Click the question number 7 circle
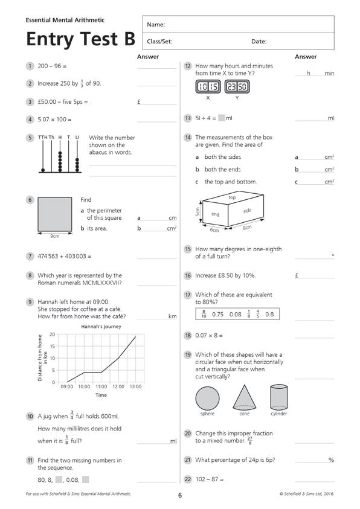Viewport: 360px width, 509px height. point(30,257)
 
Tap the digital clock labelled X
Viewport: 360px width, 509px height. point(208,87)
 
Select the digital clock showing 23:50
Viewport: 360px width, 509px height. point(237,87)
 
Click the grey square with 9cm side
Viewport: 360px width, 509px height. point(55,214)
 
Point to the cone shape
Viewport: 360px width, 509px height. point(245,397)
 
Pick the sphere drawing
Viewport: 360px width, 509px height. point(207,399)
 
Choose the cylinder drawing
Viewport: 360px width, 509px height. point(279,397)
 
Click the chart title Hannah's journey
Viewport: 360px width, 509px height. point(101,327)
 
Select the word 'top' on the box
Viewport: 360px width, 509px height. point(232,197)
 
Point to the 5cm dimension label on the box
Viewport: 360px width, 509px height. point(198,213)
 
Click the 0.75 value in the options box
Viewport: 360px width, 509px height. point(218,314)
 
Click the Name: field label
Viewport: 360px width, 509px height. point(156,24)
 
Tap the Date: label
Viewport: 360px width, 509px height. point(259,41)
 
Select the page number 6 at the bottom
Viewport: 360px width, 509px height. point(180,495)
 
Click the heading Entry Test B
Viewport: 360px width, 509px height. point(80,39)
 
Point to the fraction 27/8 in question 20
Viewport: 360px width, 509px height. point(249,441)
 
